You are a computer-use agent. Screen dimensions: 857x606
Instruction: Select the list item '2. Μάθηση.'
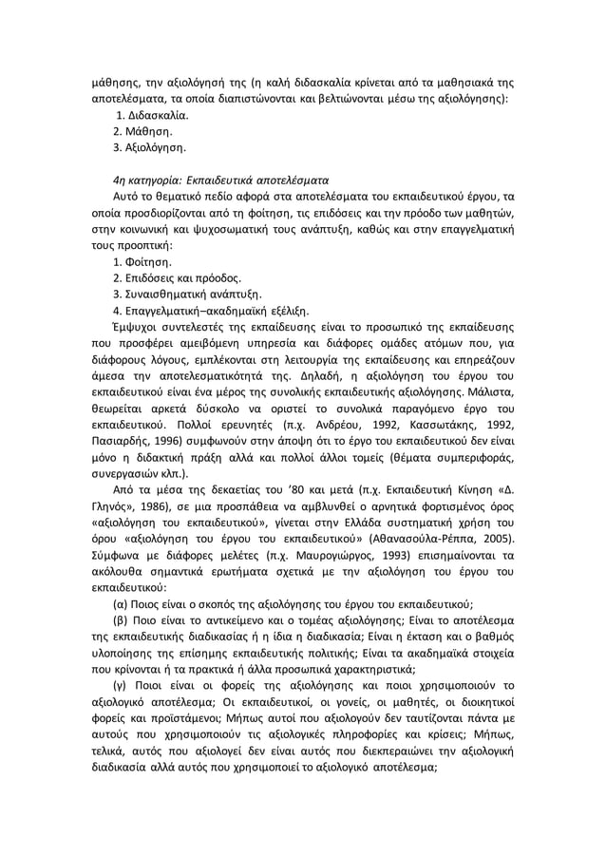(x=143, y=131)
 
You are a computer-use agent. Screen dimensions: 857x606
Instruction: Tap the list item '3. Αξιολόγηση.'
(x=149, y=148)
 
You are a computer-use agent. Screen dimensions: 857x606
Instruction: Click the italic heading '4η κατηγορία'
(x=144, y=181)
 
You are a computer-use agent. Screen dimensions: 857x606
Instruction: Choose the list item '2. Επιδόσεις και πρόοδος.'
(x=178, y=278)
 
